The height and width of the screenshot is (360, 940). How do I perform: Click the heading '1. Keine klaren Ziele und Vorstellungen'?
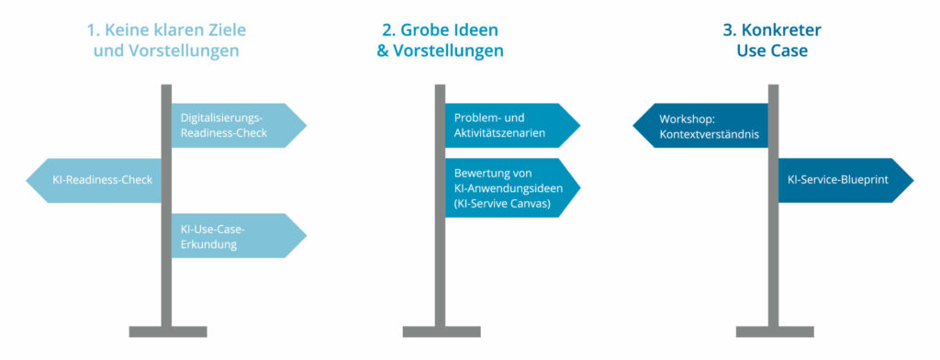tap(166, 40)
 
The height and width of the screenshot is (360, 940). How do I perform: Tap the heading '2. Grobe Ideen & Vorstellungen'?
tap(440, 40)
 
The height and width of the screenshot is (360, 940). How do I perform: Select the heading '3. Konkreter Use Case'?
tap(771, 40)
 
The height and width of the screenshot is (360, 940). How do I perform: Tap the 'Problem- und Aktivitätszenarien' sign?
tap(510, 126)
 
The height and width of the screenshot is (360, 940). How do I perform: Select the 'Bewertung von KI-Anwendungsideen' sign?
tap(510, 187)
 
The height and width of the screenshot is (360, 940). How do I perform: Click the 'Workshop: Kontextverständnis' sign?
tap(702, 126)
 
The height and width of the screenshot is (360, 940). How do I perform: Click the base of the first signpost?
tap(166, 331)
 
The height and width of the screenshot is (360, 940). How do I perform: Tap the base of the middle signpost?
tap(440, 331)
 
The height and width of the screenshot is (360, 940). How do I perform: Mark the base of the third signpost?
tap(773, 331)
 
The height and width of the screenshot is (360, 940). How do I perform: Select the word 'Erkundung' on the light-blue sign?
tap(209, 244)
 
